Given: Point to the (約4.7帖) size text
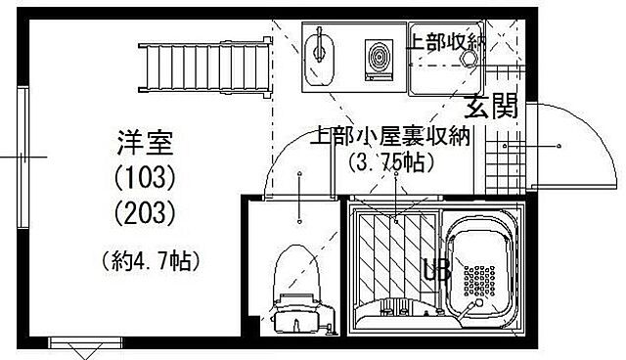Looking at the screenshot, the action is [147, 259].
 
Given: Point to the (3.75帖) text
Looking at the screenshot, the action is [389, 163].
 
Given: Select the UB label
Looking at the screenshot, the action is [436, 269].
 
